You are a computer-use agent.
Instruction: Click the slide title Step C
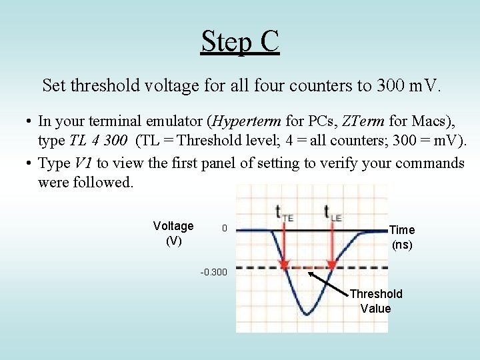click(240, 41)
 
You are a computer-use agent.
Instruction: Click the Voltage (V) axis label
click(173, 233)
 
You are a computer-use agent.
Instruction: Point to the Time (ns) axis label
click(402, 237)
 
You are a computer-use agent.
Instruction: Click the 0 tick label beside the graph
click(225, 229)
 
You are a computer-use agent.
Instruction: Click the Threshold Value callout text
click(375, 301)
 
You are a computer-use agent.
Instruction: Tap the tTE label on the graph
click(284, 213)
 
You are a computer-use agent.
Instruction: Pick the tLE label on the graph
click(333, 213)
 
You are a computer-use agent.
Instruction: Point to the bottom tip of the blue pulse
click(306, 313)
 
